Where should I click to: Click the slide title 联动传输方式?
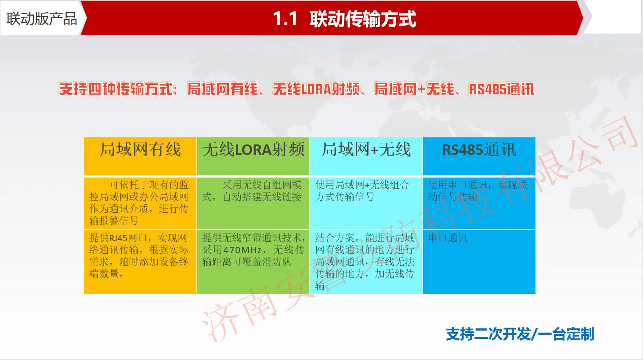(x=363, y=19)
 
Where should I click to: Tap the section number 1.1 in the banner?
(x=285, y=19)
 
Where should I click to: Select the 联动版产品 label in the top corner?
(x=42, y=19)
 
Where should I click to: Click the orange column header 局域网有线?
(x=140, y=150)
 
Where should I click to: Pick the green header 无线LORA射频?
(x=253, y=150)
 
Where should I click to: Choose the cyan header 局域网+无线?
(x=366, y=150)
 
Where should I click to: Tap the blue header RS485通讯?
(x=479, y=150)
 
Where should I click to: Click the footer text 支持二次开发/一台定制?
(x=520, y=334)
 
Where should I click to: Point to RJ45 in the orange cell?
(x=118, y=238)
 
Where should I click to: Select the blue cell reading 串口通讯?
(x=479, y=261)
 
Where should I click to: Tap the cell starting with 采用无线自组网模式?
(x=253, y=203)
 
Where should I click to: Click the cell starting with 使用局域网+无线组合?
(x=366, y=203)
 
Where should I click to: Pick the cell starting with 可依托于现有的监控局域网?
(x=140, y=203)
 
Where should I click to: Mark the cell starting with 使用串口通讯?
(x=479, y=203)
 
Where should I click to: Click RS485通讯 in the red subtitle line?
(x=502, y=89)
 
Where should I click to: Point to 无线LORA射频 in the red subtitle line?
(x=316, y=89)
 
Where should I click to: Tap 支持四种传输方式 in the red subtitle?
(x=116, y=89)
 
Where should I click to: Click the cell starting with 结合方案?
(x=366, y=261)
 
